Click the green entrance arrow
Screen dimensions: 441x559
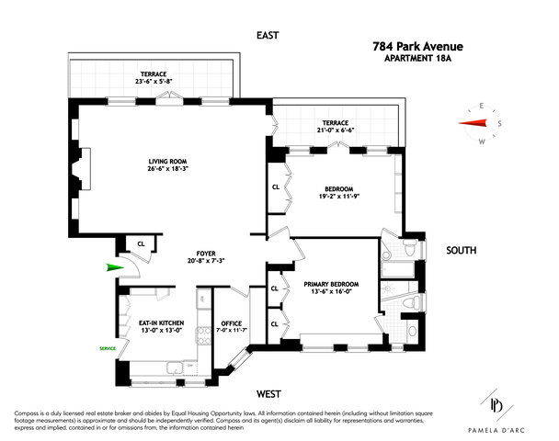click(x=112, y=268)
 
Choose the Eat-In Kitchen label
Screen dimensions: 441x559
click(x=161, y=322)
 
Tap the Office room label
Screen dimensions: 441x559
click(x=228, y=322)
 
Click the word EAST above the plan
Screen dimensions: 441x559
click(x=268, y=36)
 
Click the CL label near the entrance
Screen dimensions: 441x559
click(x=140, y=243)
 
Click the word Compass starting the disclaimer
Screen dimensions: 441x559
click(x=29, y=410)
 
